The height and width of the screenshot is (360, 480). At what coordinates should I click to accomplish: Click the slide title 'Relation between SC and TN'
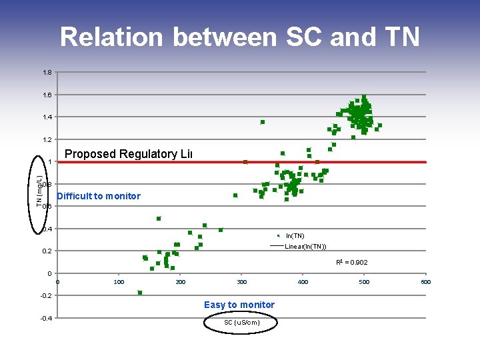point(240,37)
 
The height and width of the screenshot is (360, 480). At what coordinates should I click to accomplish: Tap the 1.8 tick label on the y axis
point(47,73)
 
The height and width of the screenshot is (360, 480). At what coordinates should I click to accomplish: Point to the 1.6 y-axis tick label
point(47,95)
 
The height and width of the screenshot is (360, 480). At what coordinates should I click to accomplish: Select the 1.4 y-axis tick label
point(47,117)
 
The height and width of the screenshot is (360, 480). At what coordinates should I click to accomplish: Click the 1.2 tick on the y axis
point(47,140)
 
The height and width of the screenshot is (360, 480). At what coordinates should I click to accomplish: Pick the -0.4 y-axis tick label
point(45,318)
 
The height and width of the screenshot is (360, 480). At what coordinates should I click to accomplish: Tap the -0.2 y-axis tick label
point(45,295)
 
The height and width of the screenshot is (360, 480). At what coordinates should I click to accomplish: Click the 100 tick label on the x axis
point(119,282)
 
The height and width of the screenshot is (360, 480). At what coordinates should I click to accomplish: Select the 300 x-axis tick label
point(241,282)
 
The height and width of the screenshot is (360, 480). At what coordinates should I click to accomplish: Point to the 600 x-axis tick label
point(426,282)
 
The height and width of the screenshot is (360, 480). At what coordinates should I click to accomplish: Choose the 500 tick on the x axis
point(364,282)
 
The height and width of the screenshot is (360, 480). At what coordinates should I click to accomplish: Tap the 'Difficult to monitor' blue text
point(99,196)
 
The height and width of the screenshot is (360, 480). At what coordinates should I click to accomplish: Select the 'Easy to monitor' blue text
point(239,305)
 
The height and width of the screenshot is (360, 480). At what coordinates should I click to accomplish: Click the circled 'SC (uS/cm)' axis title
point(241,323)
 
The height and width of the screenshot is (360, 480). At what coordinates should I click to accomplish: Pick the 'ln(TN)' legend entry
point(295,236)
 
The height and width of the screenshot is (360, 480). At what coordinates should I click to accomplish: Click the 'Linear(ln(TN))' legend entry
point(305,247)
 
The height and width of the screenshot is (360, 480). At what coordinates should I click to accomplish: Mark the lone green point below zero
point(140,293)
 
